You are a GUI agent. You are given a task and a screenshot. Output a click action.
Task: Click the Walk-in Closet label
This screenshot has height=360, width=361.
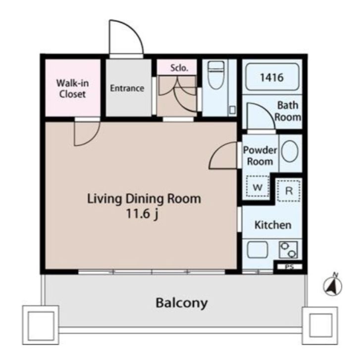point(72,89)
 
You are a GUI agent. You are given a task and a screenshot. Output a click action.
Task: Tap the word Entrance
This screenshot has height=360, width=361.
point(127,88)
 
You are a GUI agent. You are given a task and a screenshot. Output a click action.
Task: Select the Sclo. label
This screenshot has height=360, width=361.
point(179,68)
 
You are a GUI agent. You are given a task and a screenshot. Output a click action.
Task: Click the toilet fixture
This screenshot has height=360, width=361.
point(216,75)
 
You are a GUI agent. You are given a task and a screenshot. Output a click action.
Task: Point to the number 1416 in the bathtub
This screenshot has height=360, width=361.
point(272,78)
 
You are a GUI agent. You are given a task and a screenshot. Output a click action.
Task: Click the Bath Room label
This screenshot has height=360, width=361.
point(288,111)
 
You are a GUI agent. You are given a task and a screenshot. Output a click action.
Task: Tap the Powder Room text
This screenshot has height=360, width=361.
point(260,156)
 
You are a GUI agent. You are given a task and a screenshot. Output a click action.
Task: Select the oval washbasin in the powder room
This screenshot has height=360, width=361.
point(290,152)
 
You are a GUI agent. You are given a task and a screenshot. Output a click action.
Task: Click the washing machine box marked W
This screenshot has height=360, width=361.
point(258,187)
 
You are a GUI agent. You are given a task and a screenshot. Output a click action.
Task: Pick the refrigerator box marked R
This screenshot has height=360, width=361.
point(289,191)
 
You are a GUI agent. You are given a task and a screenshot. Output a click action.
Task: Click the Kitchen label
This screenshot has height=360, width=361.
point(273,225)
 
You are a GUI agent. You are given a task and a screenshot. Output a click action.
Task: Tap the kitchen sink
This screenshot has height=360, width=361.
point(258,250)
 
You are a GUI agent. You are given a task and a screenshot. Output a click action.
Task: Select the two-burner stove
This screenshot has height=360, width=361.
point(288,250)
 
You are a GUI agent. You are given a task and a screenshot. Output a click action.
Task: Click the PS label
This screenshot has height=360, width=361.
point(289,267)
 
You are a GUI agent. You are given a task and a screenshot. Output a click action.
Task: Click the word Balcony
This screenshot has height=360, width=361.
point(182,303)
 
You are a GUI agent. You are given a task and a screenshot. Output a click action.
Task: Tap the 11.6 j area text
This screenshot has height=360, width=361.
point(142,214)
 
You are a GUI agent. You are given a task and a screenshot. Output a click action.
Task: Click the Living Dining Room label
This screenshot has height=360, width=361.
point(144,199)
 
